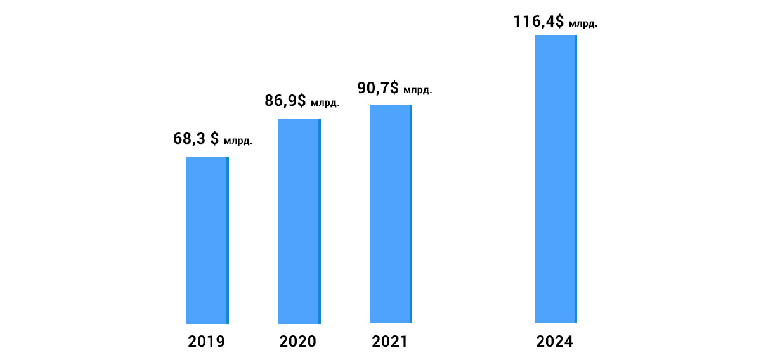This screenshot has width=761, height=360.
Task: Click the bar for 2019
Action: [207, 240]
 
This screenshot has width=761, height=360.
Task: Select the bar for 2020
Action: [299, 221]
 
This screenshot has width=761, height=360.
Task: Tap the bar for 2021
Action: [391, 214]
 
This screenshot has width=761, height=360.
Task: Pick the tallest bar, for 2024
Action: [556, 179]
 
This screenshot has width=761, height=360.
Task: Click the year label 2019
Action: [206, 342]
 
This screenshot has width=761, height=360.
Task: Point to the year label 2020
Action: [297, 342]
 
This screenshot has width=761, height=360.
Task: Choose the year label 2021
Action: [389, 342]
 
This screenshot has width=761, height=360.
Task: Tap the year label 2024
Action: [554, 342]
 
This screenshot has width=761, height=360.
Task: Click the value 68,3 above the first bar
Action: [189, 139]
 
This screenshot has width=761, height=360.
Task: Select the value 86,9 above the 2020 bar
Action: [281, 101]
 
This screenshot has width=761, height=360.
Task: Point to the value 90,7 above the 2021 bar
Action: [373, 88]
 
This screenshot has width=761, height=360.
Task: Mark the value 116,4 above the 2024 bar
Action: [534, 22]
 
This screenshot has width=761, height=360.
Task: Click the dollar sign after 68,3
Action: [215, 139]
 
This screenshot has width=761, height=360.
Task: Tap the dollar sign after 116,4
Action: [559, 21]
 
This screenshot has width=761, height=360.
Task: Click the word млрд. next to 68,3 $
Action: [238, 141]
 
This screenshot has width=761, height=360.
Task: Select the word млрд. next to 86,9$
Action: [325, 103]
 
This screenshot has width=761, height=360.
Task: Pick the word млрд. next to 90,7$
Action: [418, 90]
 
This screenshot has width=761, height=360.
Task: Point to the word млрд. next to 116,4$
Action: [583, 24]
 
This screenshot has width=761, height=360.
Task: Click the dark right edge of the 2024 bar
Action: [576, 179]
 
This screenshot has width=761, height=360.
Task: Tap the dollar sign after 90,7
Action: [394, 87]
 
